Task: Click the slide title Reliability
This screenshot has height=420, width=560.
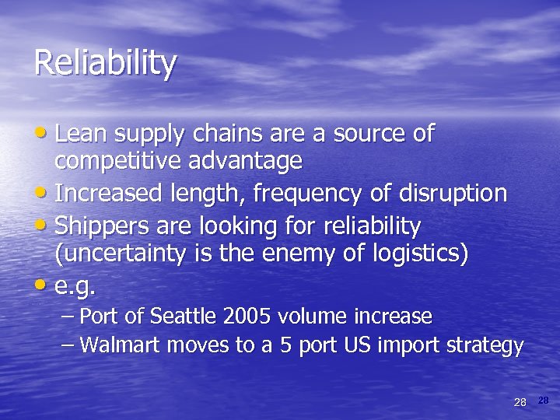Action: [x=105, y=64]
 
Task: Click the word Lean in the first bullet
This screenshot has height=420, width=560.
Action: [x=82, y=134]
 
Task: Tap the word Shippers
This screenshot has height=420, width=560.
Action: [x=102, y=226]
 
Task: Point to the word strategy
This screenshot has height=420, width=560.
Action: [x=488, y=345]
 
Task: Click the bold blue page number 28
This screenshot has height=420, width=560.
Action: [x=543, y=400]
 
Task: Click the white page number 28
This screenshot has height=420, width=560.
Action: [x=520, y=401]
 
